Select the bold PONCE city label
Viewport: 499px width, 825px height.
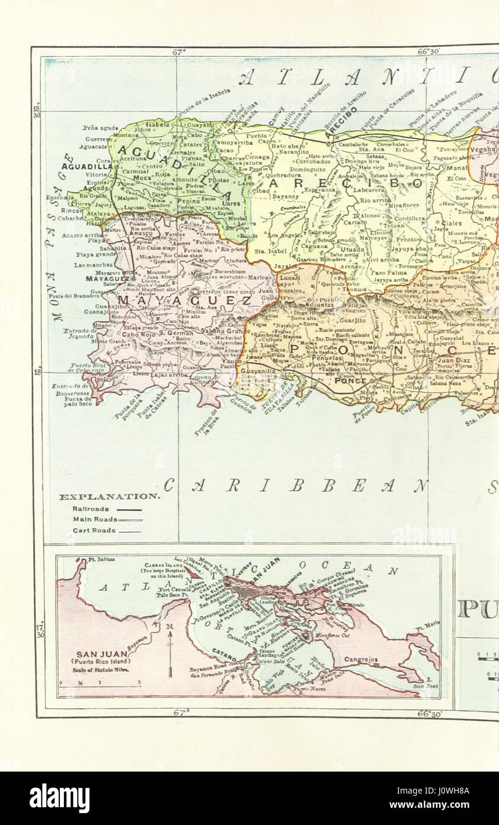coord(350,380)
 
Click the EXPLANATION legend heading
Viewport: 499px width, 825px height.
coord(108,497)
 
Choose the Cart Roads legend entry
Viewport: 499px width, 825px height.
coord(94,531)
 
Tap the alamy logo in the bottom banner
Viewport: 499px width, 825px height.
coord(59,798)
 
